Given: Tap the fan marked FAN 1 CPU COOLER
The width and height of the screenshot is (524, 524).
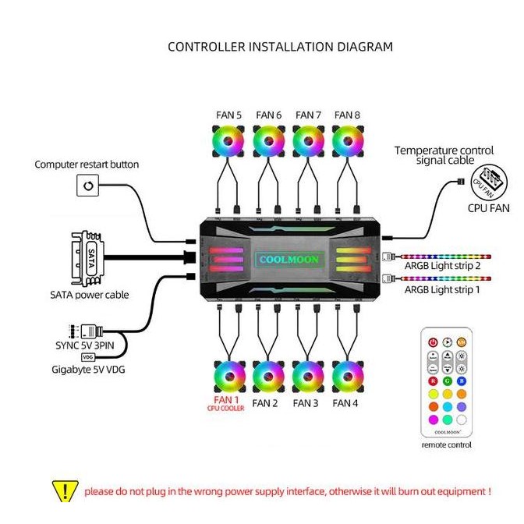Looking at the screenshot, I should coord(228,378).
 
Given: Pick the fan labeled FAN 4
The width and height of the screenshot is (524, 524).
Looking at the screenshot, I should coord(347,378).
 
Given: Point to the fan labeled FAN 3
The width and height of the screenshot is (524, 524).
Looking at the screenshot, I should coord(307,378).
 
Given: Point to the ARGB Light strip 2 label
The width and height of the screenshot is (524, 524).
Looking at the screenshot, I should coord(442,267).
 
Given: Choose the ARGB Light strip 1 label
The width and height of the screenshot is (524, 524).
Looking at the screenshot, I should coord(442,289).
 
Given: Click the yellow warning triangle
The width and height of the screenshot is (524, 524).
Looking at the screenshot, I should coord(65,491).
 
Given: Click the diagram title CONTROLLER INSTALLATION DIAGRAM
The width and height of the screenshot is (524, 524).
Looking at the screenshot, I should coord(281,47).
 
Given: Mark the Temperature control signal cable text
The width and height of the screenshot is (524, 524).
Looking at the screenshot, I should coord(444,155).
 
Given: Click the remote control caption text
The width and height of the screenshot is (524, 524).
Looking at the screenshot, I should coord(446,444).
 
